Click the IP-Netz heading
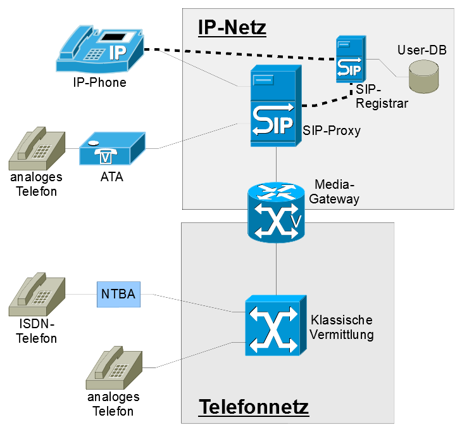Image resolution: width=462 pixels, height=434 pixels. (232, 27)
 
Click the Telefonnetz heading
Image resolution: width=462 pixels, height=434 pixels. (254, 407)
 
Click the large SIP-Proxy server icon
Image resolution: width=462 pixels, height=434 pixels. (273, 108)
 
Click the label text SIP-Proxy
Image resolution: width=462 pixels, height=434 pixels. (332, 131)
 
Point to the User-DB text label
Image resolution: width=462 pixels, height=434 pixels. (421, 49)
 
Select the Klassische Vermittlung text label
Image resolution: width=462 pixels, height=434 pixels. (342, 327)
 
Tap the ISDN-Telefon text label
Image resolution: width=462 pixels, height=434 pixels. (36, 331)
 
